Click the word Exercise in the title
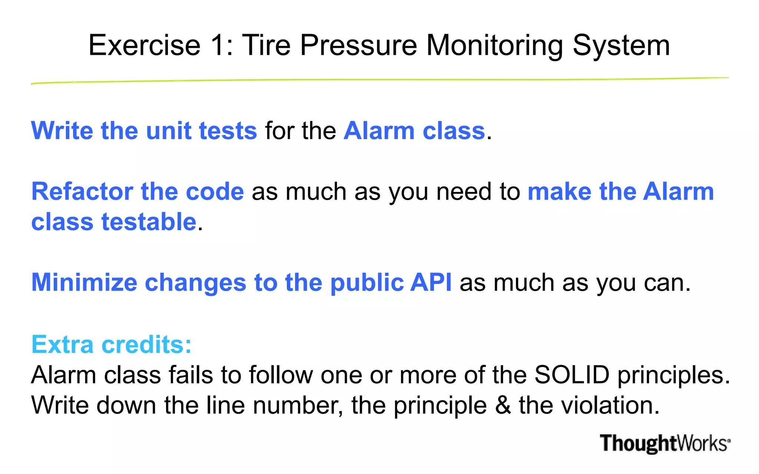(145, 46)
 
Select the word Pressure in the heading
(358, 46)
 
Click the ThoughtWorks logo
(665, 443)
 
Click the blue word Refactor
(82, 191)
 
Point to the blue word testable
(149, 222)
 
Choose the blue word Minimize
(84, 283)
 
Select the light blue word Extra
(62, 344)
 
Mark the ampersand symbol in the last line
(503, 405)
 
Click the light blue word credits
(146, 344)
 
